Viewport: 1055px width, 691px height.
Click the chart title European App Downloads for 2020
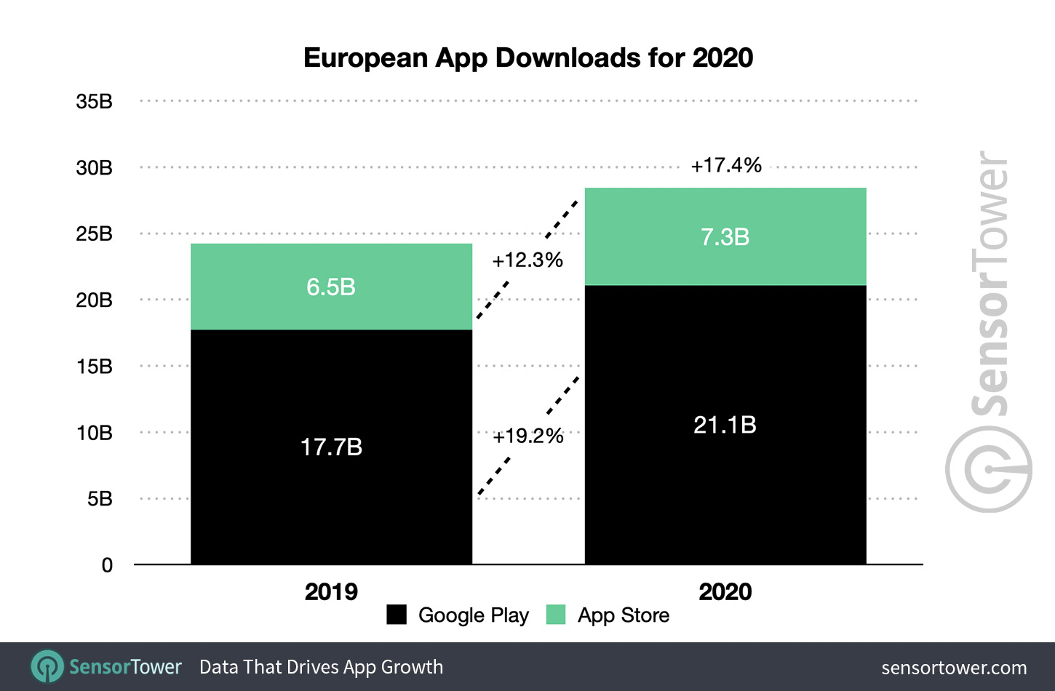click(527, 58)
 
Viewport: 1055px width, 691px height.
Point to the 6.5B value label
click(331, 287)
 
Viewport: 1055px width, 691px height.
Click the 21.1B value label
click(725, 425)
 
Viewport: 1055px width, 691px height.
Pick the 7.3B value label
click(725, 237)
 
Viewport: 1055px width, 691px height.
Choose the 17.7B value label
click(331, 447)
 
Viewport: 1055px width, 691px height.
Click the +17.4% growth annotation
click(726, 165)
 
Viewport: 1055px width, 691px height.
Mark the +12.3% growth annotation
click(527, 260)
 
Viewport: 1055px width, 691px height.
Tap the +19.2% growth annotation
click(528, 436)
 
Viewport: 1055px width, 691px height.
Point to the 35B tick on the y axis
click(95, 102)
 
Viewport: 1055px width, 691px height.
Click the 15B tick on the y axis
click(95, 367)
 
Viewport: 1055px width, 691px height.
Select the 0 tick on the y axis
click(107, 565)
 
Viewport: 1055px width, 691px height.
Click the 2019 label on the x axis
click(331, 592)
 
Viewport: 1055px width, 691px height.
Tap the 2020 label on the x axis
click(725, 592)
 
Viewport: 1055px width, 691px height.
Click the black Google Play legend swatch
click(397, 615)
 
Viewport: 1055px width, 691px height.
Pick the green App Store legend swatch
click(556, 615)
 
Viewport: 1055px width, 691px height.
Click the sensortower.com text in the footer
click(954, 668)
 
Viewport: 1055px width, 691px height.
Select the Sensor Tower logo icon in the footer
click(47, 666)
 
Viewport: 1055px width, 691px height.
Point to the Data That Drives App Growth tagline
click(321, 667)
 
